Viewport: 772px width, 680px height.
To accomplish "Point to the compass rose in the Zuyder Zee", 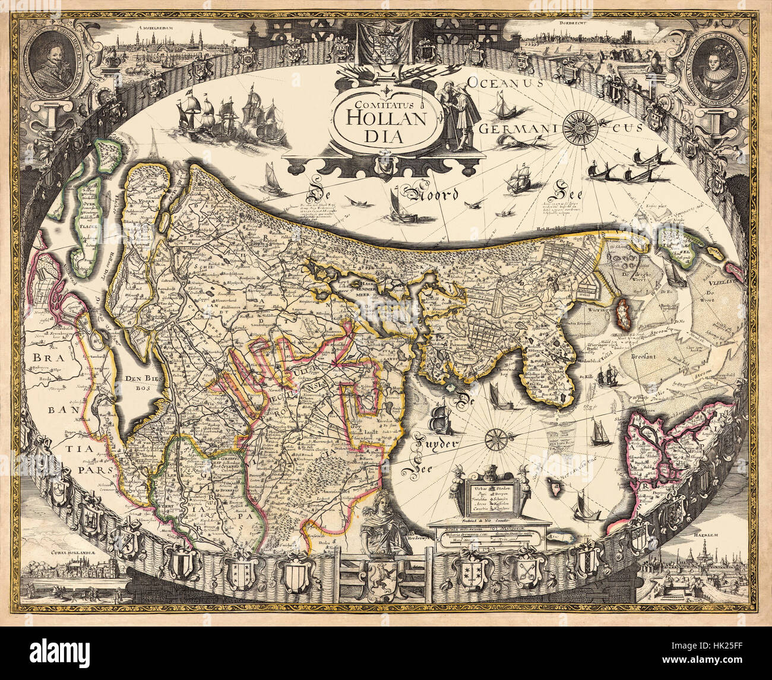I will [494, 440].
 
